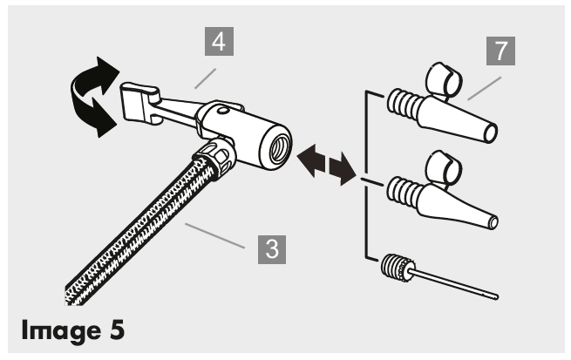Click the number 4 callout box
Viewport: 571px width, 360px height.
tap(219, 42)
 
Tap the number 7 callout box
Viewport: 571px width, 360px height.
tap(500, 51)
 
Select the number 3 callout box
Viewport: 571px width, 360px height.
tap(272, 249)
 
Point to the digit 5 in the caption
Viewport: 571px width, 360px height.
tap(117, 329)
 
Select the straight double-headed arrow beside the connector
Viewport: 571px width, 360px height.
tap(326, 165)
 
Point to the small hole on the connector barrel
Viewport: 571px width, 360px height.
tap(221, 110)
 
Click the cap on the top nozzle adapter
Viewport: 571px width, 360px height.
tap(444, 80)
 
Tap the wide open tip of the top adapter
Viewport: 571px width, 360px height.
tap(490, 133)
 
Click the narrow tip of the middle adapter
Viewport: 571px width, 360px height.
tap(493, 223)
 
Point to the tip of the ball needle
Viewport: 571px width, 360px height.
tap(496, 297)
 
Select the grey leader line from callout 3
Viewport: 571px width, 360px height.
tap(214, 236)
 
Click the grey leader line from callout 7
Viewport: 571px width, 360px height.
tap(485, 88)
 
